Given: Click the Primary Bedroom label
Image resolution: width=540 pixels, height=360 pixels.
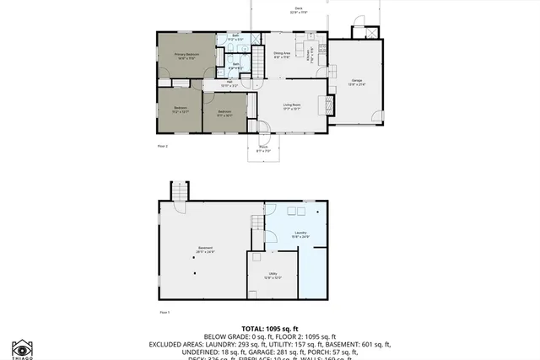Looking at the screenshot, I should [186, 56].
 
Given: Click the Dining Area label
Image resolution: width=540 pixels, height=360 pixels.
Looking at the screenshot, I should [282, 55].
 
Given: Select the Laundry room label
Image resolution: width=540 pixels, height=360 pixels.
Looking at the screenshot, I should [300, 234].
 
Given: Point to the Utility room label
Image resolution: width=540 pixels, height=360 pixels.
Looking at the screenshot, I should [273, 275].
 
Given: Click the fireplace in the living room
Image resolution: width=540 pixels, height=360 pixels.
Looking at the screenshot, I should [329, 105].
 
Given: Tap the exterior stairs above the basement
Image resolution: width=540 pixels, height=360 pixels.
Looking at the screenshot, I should [178, 191].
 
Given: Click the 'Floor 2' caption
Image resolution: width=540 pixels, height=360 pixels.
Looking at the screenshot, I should [163, 146].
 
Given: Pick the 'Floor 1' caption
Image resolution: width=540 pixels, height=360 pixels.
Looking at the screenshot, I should [165, 312].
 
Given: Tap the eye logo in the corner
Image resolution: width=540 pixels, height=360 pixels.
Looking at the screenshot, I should [21, 348].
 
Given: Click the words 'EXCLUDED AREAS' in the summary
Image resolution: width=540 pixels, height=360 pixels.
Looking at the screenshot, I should [178, 344].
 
